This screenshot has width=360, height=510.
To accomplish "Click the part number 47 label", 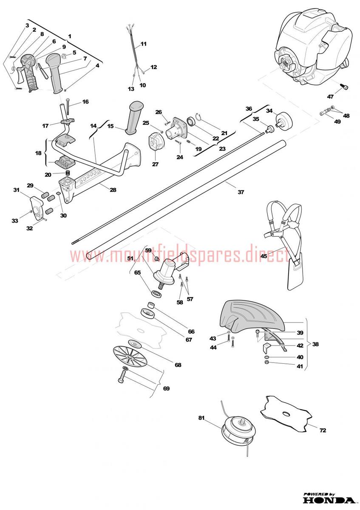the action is click(x=330, y=96).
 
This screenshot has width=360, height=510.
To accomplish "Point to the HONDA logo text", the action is click(x=329, y=500).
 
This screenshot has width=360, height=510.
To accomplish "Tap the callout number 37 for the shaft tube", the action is click(x=241, y=192).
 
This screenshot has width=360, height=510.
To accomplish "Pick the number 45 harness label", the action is click(x=264, y=256).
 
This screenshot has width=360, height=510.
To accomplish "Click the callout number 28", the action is click(x=113, y=190).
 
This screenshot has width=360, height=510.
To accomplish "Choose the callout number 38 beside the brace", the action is click(x=315, y=344).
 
